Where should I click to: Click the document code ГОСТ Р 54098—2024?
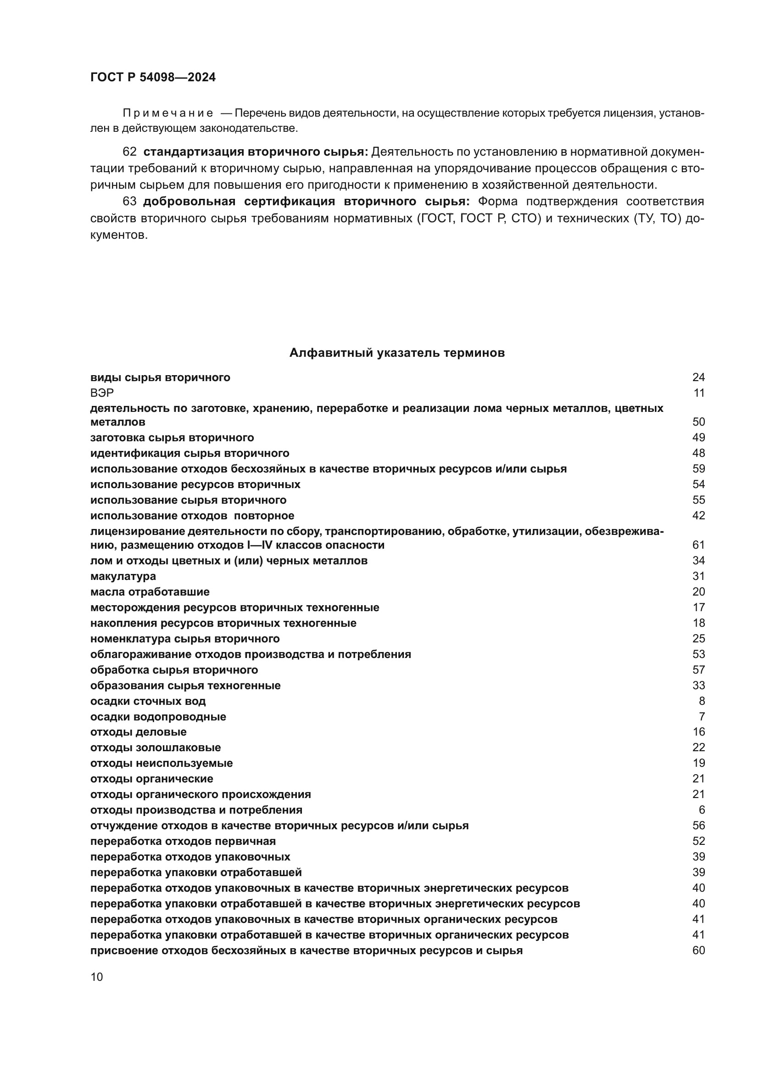tap(153, 78)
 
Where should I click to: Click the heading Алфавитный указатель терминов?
tap(397, 353)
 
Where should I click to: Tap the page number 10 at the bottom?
tap(97, 977)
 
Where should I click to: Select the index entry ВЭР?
tap(102, 393)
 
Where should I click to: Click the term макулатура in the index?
tap(123, 576)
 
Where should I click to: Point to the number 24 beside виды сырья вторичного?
tap(698, 377)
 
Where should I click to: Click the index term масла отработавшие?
tap(150, 592)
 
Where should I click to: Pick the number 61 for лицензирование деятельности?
tap(698, 545)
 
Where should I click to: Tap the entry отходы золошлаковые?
tap(155, 748)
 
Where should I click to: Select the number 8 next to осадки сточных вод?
tap(702, 701)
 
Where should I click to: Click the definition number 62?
tap(129, 152)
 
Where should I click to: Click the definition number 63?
tap(129, 202)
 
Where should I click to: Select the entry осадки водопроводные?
tap(158, 717)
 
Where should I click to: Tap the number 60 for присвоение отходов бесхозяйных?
tap(698, 950)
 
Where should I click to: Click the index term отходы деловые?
tap(138, 732)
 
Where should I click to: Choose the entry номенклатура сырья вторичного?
tap(184, 639)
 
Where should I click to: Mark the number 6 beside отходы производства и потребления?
tap(702, 810)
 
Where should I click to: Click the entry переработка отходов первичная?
tap(183, 841)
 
